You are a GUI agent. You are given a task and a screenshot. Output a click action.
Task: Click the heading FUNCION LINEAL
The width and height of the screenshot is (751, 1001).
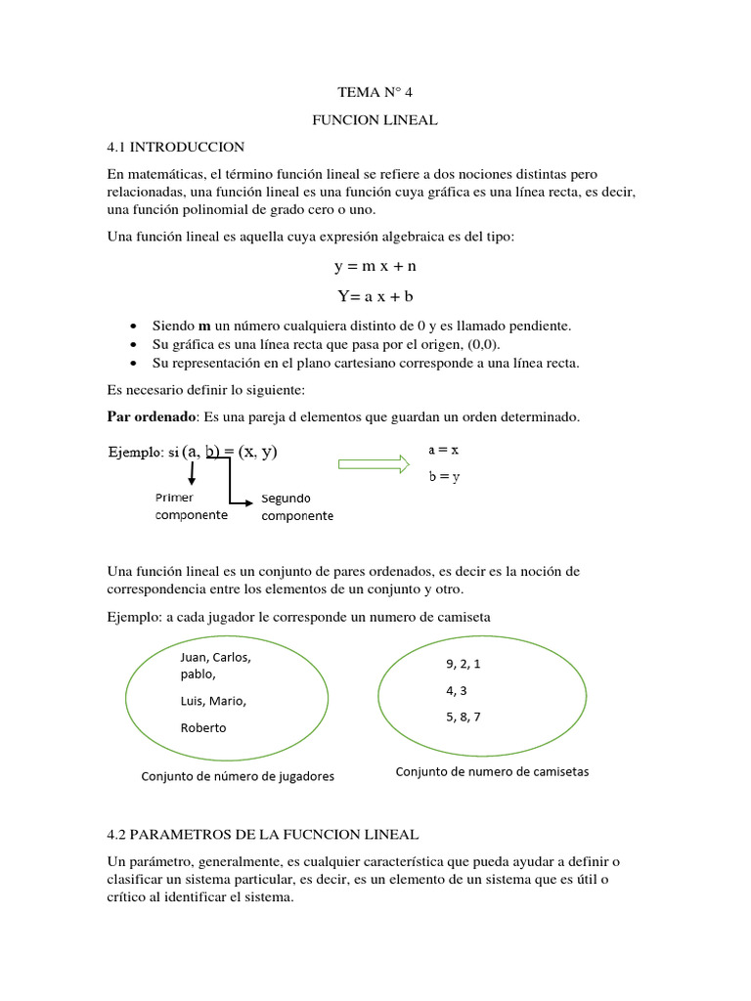(375, 120)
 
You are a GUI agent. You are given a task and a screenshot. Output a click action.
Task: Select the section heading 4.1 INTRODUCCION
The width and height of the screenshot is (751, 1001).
(176, 147)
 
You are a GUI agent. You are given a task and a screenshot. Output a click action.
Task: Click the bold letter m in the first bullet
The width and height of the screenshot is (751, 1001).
(204, 326)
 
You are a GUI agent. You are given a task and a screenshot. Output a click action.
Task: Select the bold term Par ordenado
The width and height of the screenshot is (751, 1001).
(151, 417)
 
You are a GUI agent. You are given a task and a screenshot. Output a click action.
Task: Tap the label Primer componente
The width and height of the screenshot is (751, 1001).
(191, 506)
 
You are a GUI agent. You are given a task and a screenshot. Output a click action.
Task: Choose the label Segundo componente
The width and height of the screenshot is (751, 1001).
(297, 507)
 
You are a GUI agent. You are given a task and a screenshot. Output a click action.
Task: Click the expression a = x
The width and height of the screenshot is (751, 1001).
(444, 451)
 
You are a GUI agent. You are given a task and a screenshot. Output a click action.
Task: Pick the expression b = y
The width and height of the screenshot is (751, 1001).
(444, 477)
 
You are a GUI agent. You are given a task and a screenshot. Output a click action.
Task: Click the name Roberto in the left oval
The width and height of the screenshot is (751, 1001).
(202, 727)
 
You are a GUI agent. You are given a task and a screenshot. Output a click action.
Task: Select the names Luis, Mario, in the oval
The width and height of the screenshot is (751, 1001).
(213, 701)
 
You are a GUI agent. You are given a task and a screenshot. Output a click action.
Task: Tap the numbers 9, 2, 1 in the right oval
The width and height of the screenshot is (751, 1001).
(464, 664)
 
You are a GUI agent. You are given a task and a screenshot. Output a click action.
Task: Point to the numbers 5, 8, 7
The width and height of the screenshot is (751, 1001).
(464, 717)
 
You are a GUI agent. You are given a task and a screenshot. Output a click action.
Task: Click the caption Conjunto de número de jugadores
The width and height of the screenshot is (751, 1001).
(238, 776)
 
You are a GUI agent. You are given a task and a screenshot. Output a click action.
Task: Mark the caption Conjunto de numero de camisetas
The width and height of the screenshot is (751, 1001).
(492, 772)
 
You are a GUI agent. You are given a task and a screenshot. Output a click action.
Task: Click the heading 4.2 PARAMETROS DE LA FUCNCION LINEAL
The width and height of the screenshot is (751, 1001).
(263, 835)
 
